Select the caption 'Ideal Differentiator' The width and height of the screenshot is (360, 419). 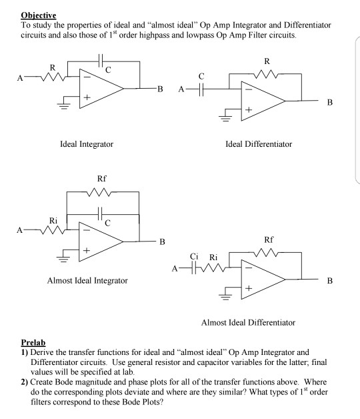(x=259, y=143)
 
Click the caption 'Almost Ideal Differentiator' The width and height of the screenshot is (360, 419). (x=258, y=323)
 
